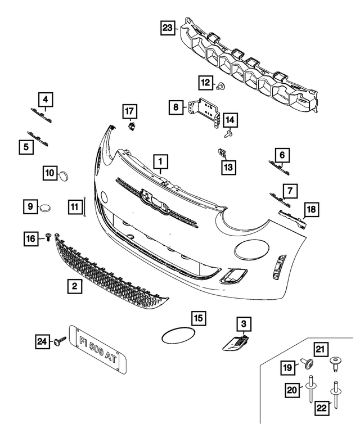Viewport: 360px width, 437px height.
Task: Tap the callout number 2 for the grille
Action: pyautogui.click(x=74, y=287)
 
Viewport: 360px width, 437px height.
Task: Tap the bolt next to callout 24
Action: pyautogui.click(x=59, y=340)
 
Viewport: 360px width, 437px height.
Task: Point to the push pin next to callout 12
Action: pyautogui.click(x=220, y=86)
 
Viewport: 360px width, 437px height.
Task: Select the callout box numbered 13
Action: pyautogui.click(x=229, y=166)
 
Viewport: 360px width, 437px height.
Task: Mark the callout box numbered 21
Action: pyautogui.click(x=320, y=349)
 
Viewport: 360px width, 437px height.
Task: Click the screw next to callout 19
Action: pyautogui.click(x=307, y=363)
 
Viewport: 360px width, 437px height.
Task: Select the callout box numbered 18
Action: pyautogui.click(x=311, y=210)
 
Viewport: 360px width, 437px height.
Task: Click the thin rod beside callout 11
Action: pyautogui.click(x=84, y=207)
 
